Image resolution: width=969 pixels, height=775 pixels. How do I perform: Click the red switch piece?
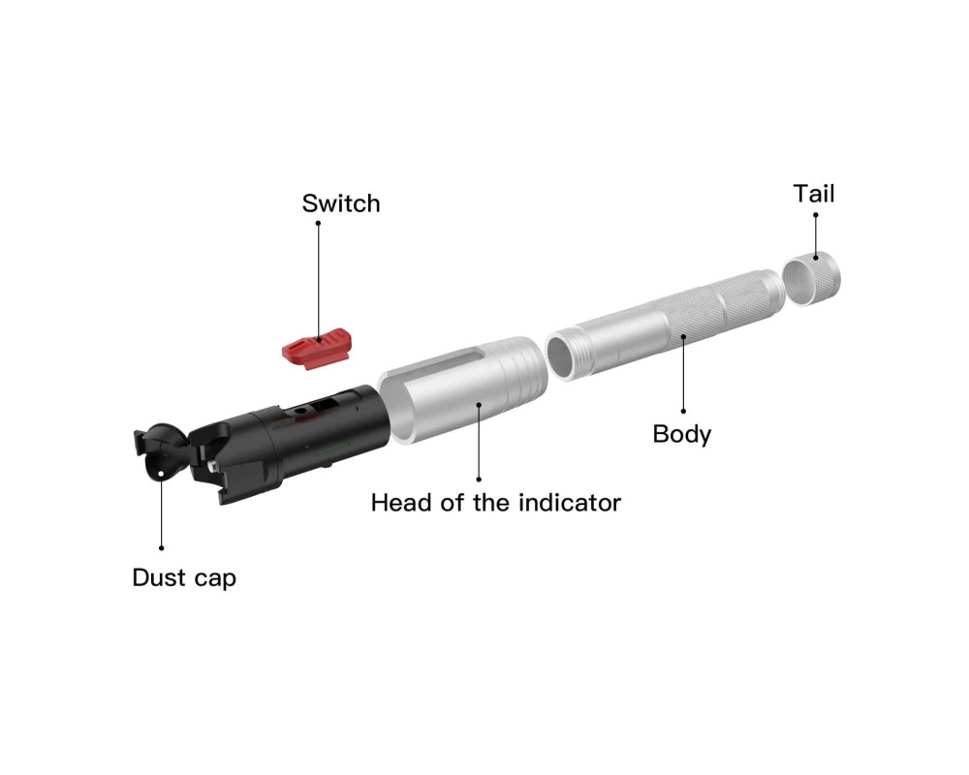[x=317, y=349]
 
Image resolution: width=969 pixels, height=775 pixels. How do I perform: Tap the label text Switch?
[x=341, y=203]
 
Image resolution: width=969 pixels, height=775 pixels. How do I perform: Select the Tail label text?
[x=814, y=194]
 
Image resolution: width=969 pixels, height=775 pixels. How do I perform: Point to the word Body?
[x=682, y=434]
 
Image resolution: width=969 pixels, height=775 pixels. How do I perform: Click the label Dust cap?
[x=184, y=577]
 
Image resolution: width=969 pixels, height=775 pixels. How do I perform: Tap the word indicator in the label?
[x=570, y=503]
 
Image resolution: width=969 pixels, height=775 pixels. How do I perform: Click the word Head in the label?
[x=401, y=503]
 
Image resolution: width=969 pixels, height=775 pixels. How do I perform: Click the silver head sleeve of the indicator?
[x=463, y=389]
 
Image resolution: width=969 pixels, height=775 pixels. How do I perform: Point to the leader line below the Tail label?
[x=816, y=236]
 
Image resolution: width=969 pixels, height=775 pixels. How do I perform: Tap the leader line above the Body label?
[x=683, y=373]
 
